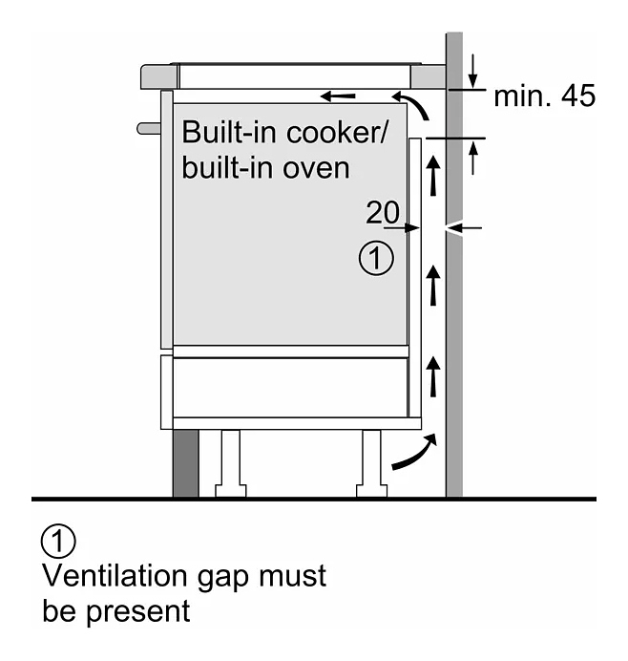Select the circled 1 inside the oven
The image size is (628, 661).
point(375,258)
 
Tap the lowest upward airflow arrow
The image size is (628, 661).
point(434,374)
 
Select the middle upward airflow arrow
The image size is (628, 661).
point(434,284)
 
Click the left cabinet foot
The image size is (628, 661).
point(231,463)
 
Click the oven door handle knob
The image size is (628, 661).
point(147,127)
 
